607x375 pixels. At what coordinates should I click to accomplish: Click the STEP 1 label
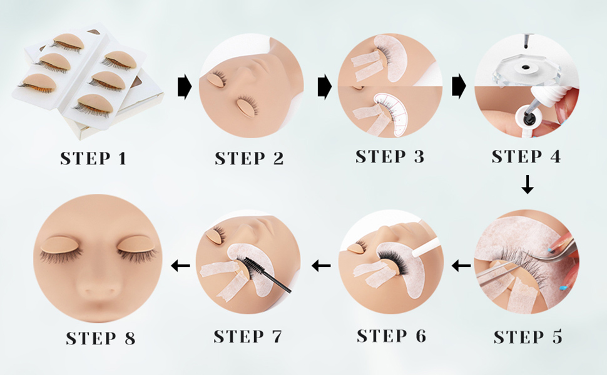tap(93, 159)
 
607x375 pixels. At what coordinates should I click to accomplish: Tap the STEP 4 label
tap(526, 157)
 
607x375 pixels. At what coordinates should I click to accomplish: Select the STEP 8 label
tap(101, 338)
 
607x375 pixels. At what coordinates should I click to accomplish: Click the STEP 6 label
tap(391, 336)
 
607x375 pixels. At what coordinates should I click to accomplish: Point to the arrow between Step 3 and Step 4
tap(459, 86)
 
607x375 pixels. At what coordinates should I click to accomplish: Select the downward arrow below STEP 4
tap(528, 184)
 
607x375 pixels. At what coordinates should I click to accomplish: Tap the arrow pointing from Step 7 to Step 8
tap(180, 266)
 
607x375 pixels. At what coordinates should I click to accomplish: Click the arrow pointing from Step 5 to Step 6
tap(461, 266)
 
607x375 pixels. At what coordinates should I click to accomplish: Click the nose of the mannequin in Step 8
tap(99, 284)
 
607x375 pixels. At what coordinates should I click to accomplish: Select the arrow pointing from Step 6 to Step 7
tap(322, 266)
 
